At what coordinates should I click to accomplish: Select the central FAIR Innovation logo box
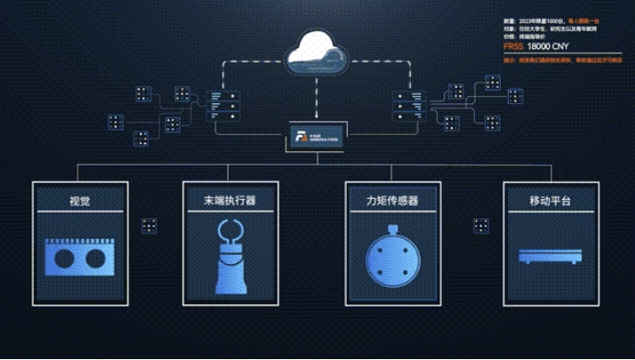(316, 138)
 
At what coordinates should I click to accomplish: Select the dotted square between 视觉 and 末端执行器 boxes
(148, 224)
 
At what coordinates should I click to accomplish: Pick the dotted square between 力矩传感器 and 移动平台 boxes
(481, 224)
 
